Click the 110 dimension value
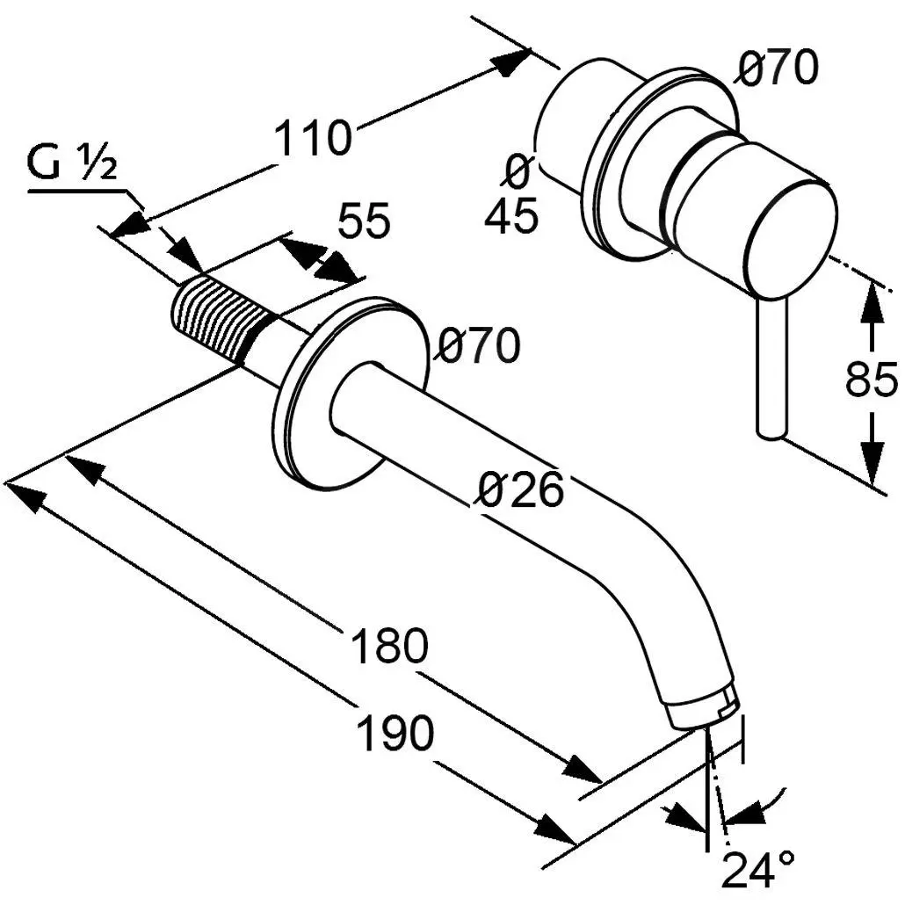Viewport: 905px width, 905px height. click(313, 139)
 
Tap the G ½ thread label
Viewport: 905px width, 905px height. click(73, 163)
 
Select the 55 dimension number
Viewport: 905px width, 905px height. click(364, 221)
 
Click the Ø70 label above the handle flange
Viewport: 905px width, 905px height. click(778, 69)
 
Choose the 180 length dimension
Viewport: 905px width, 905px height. click(389, 648)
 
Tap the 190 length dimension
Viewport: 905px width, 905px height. click(395, 734)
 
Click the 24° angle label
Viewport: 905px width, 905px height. click(758, 871)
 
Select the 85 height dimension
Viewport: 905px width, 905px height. click(871, 380)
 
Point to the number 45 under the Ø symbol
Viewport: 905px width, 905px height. click(510, 216)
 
